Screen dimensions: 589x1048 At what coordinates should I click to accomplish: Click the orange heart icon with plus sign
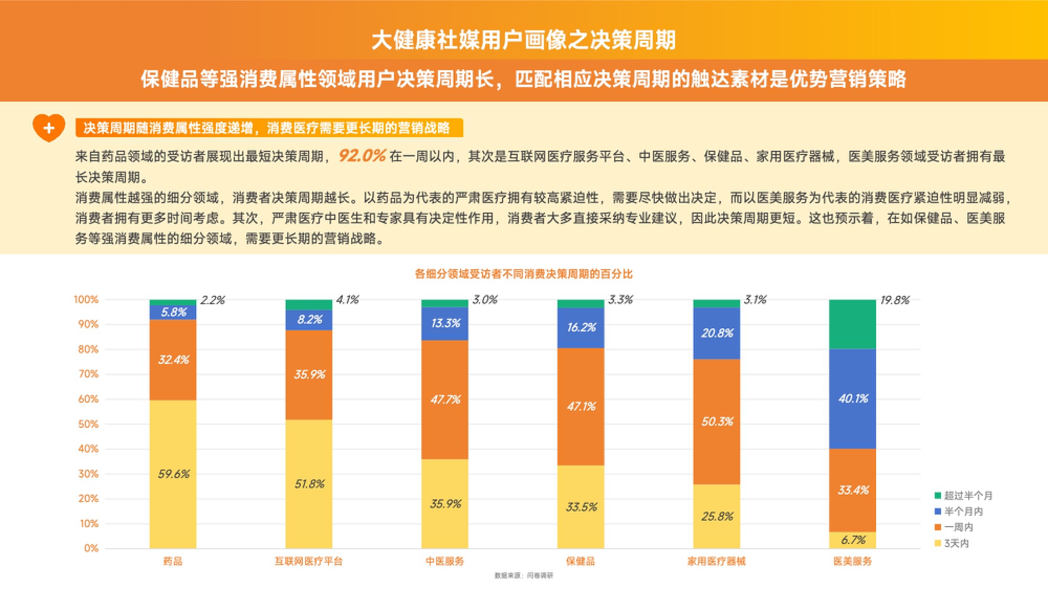(49, 127)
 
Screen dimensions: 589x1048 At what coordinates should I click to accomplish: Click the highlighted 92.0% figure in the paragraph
(362, 155)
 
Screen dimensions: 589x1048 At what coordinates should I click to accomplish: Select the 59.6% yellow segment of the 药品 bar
(173, 474)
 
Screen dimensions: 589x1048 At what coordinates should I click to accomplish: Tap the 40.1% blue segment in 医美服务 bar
(853, 398)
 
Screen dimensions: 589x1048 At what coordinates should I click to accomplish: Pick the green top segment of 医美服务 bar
(853, 324)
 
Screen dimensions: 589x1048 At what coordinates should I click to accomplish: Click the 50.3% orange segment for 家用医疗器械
(717, 421)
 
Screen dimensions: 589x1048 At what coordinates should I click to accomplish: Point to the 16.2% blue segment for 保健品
(581, 328)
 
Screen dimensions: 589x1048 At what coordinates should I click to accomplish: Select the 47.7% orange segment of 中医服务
(445, 399)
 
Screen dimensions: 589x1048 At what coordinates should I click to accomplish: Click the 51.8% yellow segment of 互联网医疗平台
(309, 484)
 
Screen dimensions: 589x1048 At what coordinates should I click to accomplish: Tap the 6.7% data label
(853, 540)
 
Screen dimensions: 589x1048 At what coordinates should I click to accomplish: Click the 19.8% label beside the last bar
(894, 300)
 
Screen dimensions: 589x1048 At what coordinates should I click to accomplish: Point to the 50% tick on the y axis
(88, 424)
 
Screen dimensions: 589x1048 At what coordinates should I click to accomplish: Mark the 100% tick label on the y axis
(86, 299)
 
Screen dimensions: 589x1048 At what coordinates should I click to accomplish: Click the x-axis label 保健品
(581, 561)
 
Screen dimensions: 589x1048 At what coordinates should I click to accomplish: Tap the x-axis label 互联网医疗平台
(309, 561)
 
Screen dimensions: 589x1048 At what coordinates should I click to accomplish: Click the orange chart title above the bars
(523, 274)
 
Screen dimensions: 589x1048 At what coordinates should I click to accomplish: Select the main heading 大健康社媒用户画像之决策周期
(523, 40)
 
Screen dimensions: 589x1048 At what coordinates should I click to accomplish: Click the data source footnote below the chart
(523, 575)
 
